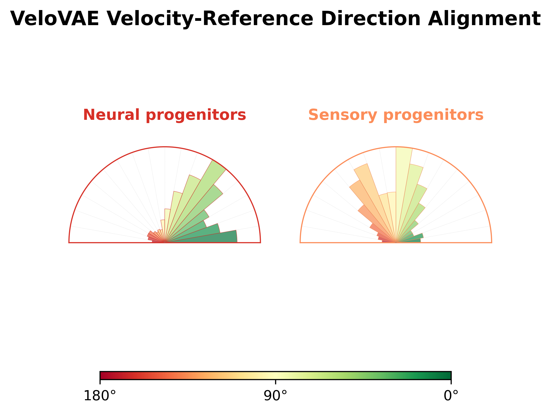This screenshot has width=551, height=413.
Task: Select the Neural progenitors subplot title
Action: pos(165,115)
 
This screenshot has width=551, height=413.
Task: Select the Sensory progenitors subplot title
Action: pos(396,115)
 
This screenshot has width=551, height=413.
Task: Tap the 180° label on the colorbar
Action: pos(100,396)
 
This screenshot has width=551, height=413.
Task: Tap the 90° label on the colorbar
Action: pos(275,396)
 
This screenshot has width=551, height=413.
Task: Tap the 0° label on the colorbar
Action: pos(451,396)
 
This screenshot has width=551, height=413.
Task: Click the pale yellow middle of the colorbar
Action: pos(275,375)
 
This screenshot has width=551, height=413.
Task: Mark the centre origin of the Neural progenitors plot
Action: pos(165,243)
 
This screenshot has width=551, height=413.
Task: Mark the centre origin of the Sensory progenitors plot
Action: pos(396,243)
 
